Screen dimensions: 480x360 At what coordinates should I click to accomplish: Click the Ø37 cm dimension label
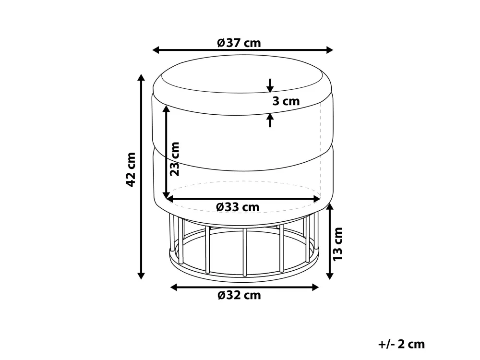239,43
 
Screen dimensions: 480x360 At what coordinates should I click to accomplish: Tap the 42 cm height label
131,169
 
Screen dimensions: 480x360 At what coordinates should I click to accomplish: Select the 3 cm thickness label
286,101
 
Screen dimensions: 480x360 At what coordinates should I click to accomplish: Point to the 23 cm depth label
175,159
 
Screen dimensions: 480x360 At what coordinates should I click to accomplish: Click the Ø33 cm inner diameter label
238,207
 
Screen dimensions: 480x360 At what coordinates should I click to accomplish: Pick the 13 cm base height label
337,244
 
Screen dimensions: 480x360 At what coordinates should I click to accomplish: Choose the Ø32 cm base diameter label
240,295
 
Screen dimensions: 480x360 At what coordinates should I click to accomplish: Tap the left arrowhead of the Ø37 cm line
156,50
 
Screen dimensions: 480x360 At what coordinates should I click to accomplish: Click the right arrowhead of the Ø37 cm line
329,50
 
